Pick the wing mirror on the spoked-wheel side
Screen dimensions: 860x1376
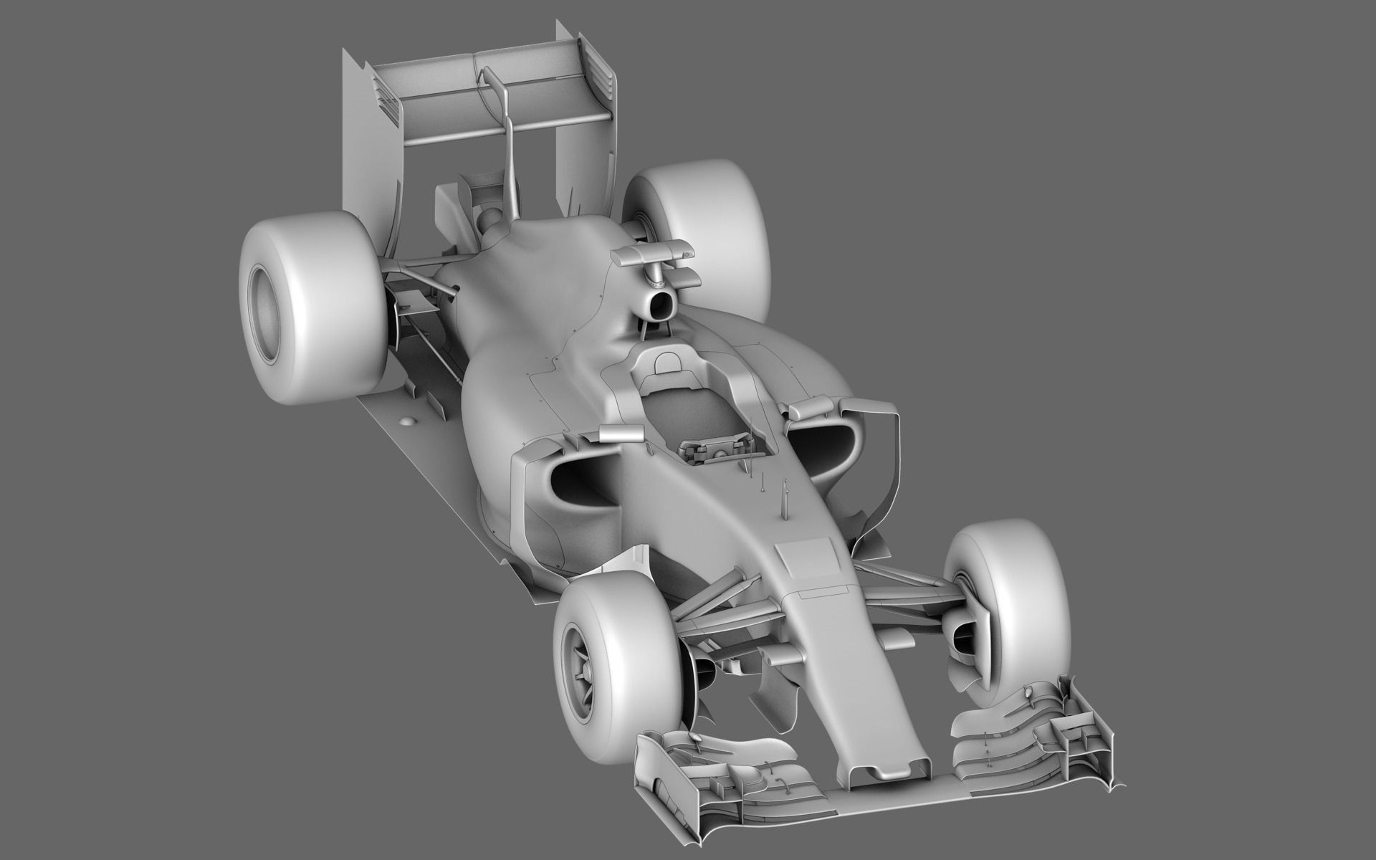[x=619, y=434]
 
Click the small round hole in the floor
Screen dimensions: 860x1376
[x=409, y=423]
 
